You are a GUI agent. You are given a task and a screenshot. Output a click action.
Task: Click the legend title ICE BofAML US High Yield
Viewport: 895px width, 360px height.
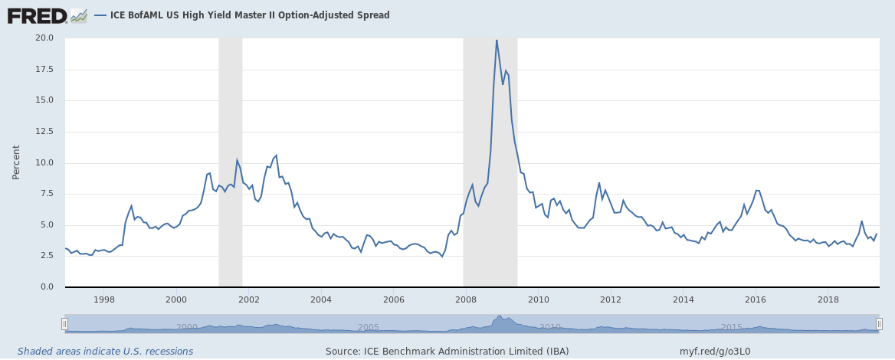pos(244,15)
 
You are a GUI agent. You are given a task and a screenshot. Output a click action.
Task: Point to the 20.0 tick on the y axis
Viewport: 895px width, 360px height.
pos(44,38)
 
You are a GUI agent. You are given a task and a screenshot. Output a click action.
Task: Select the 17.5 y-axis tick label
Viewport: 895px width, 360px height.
pos(44,69)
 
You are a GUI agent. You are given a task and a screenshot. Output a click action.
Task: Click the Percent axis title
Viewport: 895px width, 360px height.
pos(16,162)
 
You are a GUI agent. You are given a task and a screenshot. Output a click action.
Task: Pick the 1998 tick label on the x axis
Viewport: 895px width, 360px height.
pos(104,299)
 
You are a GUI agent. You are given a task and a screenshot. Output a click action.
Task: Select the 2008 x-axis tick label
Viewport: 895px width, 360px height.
pos(466,299)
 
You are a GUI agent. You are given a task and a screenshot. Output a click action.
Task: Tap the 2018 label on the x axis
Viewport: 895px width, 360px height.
pos(828,299)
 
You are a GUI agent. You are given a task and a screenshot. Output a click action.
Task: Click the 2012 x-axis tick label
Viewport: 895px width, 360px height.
pos(611,299)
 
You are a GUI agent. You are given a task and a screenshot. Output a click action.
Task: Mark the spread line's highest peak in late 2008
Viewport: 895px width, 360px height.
pos(497,40)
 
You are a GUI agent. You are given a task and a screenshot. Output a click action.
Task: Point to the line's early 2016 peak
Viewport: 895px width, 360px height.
pos(757,191)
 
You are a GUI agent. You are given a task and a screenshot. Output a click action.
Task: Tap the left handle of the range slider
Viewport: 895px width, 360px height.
pos(65,323)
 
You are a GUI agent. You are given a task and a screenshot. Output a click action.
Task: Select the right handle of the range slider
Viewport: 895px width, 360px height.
pos(879,323)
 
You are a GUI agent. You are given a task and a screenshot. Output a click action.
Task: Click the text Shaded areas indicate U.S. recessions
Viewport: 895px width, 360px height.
pos(105,352)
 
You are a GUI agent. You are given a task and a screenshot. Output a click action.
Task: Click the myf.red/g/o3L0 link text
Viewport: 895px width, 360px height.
pos(715,352)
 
